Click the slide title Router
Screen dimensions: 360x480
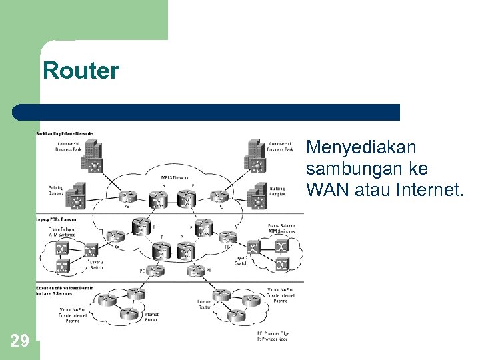point(81,70)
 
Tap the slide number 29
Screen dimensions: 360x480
point(20,341)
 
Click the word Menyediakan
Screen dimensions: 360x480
point(361,147)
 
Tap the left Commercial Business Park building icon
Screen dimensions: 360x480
point(93,155)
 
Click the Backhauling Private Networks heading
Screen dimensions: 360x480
point(65,133)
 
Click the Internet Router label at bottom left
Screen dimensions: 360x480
point(151,317)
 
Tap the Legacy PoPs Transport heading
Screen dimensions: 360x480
point(57,219)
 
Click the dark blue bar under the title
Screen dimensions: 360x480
point(207,112)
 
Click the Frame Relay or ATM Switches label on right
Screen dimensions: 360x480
point(281,229)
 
